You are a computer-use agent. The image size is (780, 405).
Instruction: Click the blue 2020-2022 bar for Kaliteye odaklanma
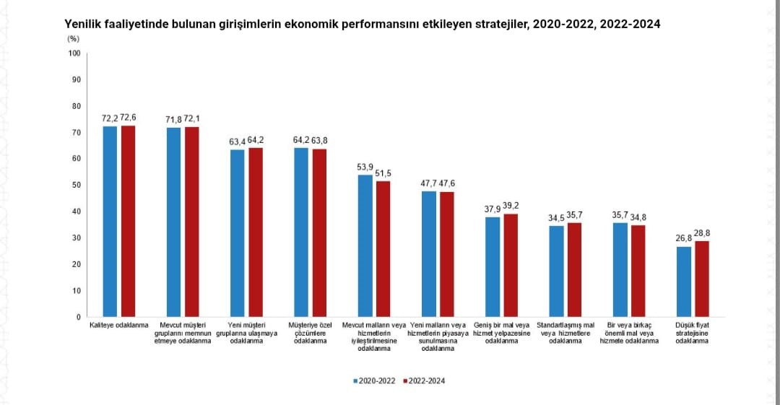click(x=110, y=222)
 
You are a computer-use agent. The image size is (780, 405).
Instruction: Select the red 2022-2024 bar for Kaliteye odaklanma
click(x=128, y=221)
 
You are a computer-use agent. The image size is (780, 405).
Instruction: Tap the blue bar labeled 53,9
click(x=365, y=245)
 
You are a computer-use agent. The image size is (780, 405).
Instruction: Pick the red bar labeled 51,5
click(x=383, y=249)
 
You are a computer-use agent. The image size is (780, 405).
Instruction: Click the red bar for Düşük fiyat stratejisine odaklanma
click(x=702, y=279)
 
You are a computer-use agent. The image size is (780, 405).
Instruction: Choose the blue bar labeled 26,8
click(x=684, y=282)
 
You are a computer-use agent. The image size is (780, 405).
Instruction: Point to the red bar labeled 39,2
click(x=511, y=265)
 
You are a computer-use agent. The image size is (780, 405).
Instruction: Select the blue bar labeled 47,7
click(x=429, y=254)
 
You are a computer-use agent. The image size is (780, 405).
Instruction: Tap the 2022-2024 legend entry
click(x=424, y=381)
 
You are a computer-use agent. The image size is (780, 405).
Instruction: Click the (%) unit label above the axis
click(x=73, y=38)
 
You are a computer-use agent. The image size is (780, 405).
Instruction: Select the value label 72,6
click(x=129, y=118)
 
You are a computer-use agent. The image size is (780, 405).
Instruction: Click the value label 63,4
click(x=238, y=141)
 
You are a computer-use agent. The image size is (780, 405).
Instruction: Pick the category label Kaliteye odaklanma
click(x=118, y=326)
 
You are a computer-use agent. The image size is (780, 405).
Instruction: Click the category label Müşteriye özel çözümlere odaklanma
click(x=309, y=333)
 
